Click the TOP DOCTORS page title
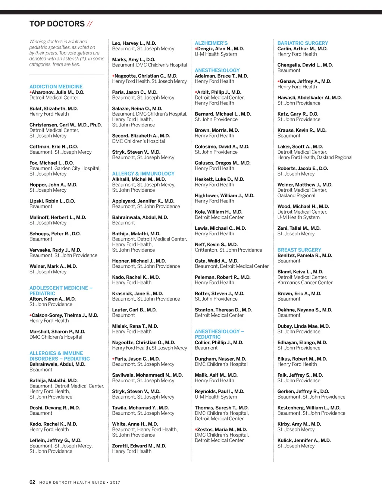[x=57, y=24]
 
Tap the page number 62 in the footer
[x=32, y=482]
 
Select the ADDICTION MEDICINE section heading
[x=56, y=87]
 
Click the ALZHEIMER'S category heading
[x=211, y=43]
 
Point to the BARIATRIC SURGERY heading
[x=303, y=43]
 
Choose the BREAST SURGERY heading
[x=299, y=250]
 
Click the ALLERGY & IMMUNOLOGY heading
[x=143, y=174]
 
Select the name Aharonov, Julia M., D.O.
[x=58, y=92]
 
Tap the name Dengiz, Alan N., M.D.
[x=220, y=49]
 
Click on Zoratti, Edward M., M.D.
[x=139, y=446]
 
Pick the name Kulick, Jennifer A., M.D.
[x=304, y=440]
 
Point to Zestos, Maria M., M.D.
[x=222, y=430]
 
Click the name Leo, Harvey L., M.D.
[x=134, y=43]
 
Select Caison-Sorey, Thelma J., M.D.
[x=65, y=315]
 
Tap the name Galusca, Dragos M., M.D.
[x=222, y=163]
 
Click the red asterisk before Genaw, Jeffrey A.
[x=279, y=82]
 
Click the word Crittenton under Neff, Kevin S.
[x=206, y=250]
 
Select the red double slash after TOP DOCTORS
[x=90, y=24]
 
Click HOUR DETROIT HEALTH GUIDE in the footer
[x=72, y=482]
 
